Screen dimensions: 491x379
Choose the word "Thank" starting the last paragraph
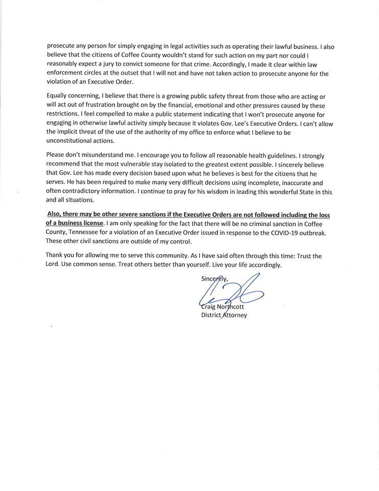(56, 256)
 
